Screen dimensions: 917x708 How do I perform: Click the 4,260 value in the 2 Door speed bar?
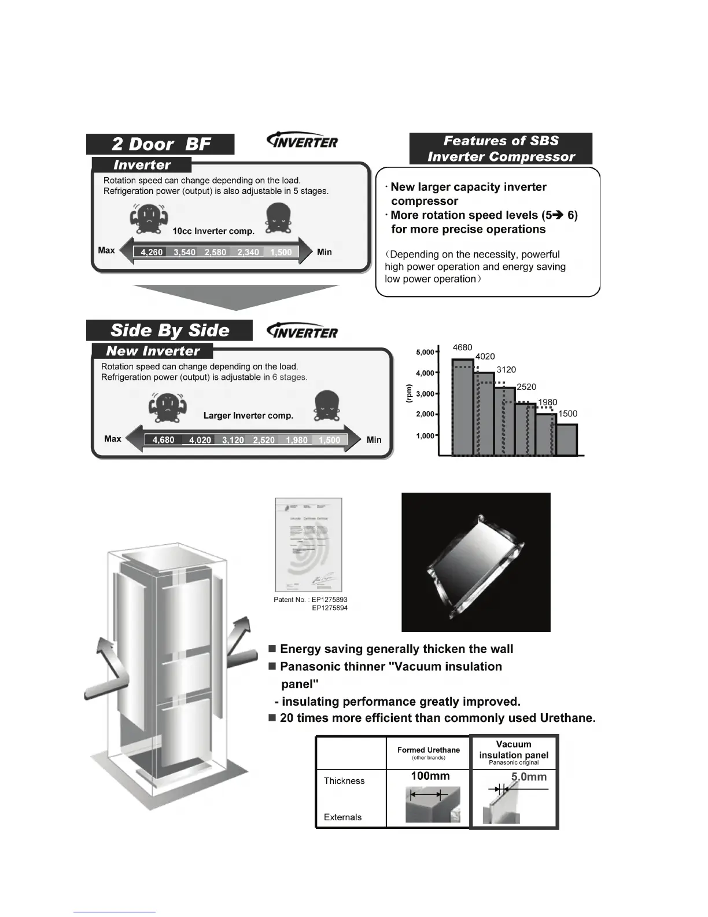pos(152,252)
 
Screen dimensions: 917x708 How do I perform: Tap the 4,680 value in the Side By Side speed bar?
pos(163,440)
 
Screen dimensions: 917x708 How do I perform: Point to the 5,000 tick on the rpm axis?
pos(426,352)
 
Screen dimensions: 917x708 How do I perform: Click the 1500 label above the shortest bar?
pos(567,414)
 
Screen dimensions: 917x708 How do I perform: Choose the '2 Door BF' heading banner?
pos(160,144)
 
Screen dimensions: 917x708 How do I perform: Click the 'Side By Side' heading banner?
pos(169,331)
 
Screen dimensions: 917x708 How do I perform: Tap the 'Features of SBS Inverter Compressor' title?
pos(501,149)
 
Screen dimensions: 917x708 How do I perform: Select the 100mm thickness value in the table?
pos(430,776)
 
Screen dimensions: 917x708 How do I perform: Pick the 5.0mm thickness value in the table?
pos(529,777)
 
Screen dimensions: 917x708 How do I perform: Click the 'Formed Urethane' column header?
pos(428,750)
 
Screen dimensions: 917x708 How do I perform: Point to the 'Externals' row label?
pos(342,817)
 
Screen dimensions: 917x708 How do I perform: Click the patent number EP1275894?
pos(330,608)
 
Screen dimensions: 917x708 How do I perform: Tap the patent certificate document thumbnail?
pos(308,544)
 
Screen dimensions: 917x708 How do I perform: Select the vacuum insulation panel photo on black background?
pos(475,562)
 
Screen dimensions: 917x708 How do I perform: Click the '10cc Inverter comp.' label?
pos(213,231)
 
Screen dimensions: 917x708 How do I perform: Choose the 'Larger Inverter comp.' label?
pos(248,416)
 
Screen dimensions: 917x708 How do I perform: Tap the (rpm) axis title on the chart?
pos(409,394)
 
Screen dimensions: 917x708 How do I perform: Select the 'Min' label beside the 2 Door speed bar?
pos(324,252)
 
